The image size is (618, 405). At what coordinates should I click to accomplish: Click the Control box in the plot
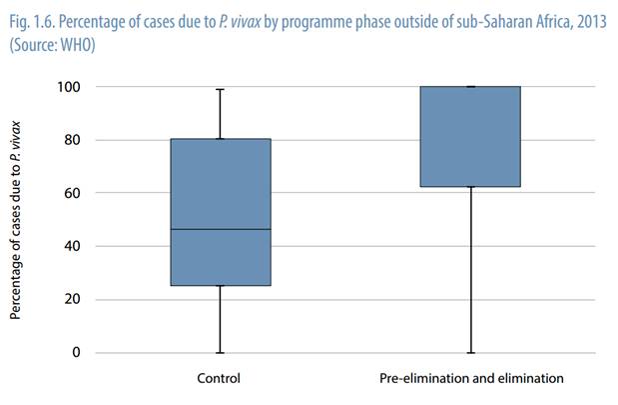pos(221,212)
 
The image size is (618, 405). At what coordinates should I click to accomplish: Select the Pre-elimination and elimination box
pos(470,137)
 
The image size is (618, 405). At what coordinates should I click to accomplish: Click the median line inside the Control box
pos(221,230)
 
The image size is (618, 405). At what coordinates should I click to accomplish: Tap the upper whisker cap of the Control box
pos(221,89)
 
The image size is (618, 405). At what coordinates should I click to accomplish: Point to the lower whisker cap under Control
pos(221,352)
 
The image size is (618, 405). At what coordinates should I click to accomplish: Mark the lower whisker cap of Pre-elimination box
pos(470,352)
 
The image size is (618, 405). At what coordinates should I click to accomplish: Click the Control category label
pos(220,379)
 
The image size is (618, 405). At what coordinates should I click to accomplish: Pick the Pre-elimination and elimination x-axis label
pos(471,379)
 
